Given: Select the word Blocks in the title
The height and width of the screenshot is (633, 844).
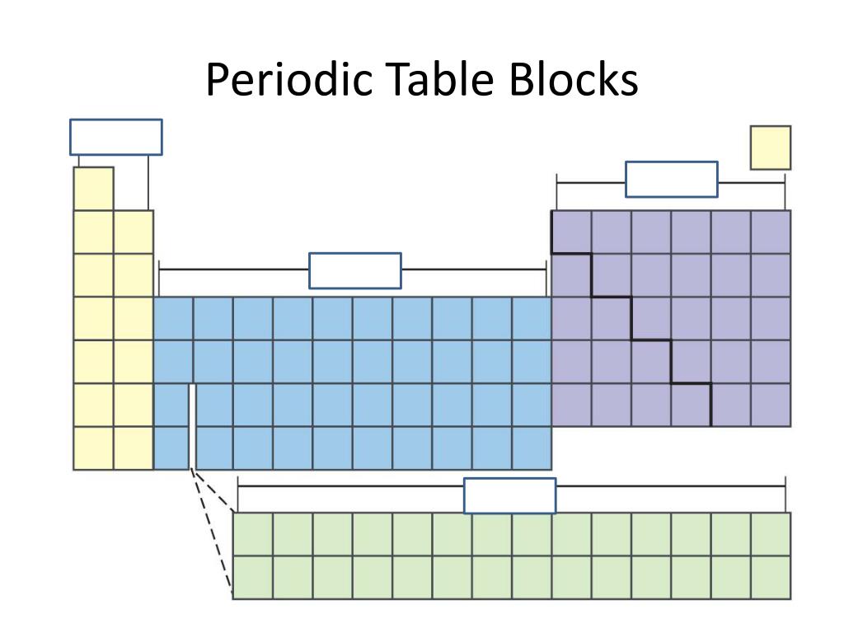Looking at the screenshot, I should (x=572, y=80).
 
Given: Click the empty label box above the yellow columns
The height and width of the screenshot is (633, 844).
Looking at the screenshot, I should (x=115, y=137).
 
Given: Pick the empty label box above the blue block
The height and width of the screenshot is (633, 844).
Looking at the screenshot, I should (x=355, y=270).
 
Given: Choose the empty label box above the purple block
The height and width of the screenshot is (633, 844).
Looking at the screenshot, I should (x=671, y=179).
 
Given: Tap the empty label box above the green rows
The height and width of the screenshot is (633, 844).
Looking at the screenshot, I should (x=509, y=495).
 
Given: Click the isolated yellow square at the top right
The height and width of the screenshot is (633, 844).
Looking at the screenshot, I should (x=770, y=148).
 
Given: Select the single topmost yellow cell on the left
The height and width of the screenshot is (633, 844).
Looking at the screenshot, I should (x=93, y=189).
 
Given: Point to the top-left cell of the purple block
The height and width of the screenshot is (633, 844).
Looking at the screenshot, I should (x=571, y=232).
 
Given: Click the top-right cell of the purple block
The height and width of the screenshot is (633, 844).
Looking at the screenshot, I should (x=771, y=232).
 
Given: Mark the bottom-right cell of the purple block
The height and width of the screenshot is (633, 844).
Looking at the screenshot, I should (x=771, y=405).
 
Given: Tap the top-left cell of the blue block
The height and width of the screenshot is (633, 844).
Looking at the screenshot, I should (x=173, y=318).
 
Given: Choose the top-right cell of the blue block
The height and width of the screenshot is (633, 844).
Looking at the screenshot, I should (x=532, y=318).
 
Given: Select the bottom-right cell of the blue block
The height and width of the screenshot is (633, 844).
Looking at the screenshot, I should (x=532, y=448).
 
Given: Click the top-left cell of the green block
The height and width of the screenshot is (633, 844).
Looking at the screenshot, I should (x=252, y=533).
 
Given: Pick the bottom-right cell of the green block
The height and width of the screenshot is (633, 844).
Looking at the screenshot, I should (x=771, y=577).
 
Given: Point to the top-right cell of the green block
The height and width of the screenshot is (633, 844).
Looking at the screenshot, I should (x=771, y=533).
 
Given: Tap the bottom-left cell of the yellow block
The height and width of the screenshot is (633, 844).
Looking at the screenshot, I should (x=93, y=448).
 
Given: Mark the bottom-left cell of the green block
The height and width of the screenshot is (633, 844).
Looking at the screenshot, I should (x=252, y=577).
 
